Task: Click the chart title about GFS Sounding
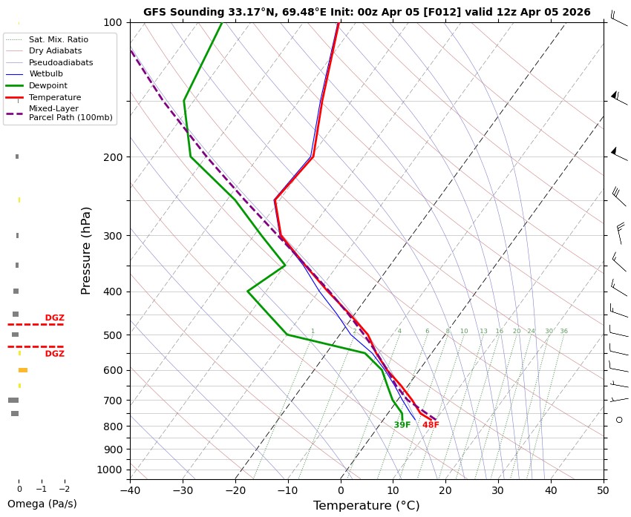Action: pos(367,12)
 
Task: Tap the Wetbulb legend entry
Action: pos(46,74)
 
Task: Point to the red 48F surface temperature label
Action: pos(431,425)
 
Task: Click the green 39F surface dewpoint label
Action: pos(402,425)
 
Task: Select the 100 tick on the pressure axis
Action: pos(113,22)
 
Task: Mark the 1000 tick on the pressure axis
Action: pos(110,470)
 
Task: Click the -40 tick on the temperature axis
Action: pos(130,490)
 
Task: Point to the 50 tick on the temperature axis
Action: pos(604,490)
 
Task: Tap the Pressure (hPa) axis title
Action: pos(86,250)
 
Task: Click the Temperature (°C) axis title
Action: pos(367,506)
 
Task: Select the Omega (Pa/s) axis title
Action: pos(42,504)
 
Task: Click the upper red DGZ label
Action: pos(55,318)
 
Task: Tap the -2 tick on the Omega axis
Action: pos(64,489)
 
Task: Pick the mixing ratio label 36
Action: pos(564,332)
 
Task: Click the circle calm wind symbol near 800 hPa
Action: pos(619,420)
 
